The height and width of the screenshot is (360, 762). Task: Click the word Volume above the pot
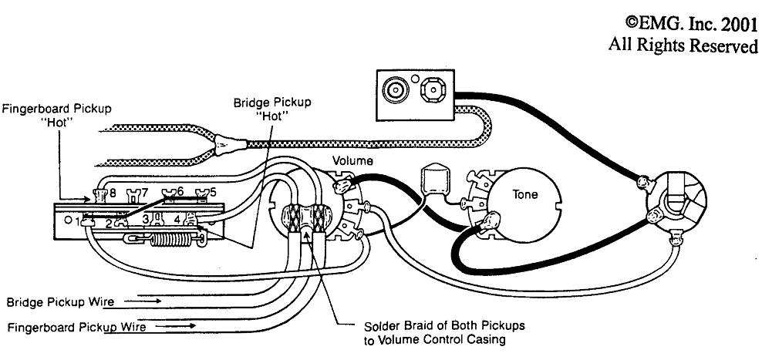352,161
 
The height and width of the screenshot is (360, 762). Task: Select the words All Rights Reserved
683,45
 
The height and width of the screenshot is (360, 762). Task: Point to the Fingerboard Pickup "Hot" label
56,115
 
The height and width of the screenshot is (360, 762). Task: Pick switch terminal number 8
113,192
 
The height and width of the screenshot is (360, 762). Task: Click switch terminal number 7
144,191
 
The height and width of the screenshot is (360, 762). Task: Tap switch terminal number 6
180,191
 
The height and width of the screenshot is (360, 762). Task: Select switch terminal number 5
213,191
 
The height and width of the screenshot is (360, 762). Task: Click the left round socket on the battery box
395,90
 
